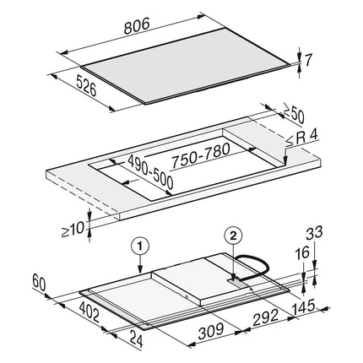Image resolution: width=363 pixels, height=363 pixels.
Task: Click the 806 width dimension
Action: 137,26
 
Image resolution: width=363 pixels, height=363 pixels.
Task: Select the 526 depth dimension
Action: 86,85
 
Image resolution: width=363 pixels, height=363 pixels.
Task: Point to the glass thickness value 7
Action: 308,60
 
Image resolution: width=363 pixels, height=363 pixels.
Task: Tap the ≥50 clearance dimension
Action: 293,114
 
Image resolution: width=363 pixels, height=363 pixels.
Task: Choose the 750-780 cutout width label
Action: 201,155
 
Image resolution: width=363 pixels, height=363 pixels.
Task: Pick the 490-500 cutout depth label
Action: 150,172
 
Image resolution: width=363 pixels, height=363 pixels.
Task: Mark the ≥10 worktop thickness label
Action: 73,230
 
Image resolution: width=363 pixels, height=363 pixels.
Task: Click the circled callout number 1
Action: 140,247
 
